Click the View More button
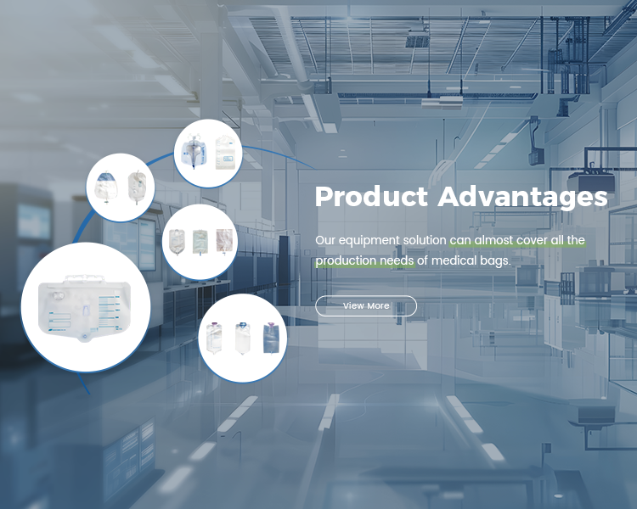click(366, 305)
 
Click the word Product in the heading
click(371, 197)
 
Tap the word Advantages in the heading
click(523, 198)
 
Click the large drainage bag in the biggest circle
click(84, 308)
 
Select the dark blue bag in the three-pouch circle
click(271, 338)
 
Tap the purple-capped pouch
click(214, 338)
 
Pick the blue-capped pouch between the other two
click(243, 338)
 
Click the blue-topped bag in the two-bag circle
click(106, 187)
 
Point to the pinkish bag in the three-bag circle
click(224, 242)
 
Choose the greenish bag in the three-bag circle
click(200, 243)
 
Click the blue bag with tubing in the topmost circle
click(194, 152)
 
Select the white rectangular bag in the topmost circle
click(225, 152)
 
